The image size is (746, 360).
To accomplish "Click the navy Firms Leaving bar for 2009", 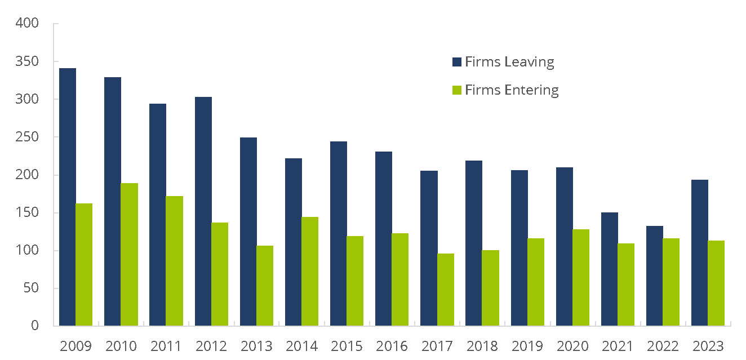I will click(x=68, y=197).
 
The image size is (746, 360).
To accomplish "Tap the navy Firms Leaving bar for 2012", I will click(x=203, y=211).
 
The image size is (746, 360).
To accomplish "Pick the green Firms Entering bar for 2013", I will click(x=265, y=286).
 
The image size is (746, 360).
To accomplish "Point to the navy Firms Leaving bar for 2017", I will click(x=429, y=248).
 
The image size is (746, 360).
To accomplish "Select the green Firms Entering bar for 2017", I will click(x=446, y=290).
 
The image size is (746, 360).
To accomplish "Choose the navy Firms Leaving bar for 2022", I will click(x=655, y=276).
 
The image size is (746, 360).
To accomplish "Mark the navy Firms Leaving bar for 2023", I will click(x=700, y=253).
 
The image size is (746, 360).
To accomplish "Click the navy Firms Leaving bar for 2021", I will click(x=610, y=269).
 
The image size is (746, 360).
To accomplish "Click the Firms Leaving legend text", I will click(x=509, y=62).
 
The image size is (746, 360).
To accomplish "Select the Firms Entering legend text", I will click(x=512, y=90).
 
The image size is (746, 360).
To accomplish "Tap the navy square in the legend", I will click(x=457, y=62).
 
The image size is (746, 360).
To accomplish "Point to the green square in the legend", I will click(x=457, y=90).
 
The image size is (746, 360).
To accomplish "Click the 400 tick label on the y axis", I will click(x=28, y=24).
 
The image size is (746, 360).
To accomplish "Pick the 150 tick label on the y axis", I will click(x=28, y=213).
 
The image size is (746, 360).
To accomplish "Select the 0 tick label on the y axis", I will click(x=34, y=326).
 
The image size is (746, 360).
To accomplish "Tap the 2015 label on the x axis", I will click(x=347, y=346).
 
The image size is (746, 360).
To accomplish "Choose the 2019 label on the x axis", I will click(x=527, y=346).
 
